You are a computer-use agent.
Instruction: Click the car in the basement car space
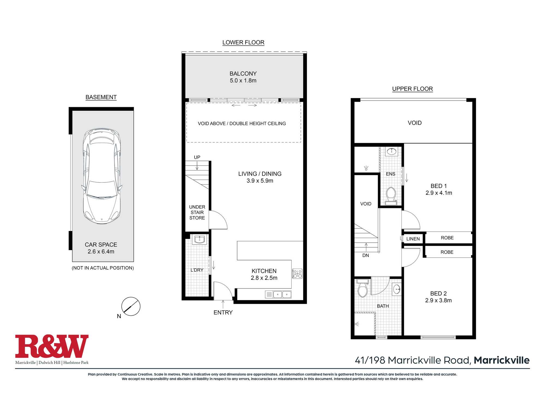click(x=102, y=176)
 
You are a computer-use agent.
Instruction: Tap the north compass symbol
click(x=131, y=306)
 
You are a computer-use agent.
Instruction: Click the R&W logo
click(x=52, y=346)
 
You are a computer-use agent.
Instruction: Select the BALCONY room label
click(x=243, y=74)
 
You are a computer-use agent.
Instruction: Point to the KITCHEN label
click(x=264, y=271)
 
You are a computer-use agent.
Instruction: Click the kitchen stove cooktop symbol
click(x=297, y=273)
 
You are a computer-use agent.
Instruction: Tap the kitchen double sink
click(x=282, y=294)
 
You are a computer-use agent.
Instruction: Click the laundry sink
click(x=200, y=240)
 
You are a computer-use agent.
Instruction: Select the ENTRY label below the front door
click(x=223, y=312)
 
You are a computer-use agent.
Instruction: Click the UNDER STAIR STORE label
click(x=197, y=212)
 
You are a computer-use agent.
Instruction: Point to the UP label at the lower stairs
click(x=197, y=157)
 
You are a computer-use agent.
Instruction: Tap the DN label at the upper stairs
click(x=366, y=255)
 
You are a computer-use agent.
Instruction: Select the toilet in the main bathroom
click(x=362, y=288)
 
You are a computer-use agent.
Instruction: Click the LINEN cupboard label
click(x=413, y=239)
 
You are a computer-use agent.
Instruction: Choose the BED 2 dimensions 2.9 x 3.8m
click(x=438, y=300)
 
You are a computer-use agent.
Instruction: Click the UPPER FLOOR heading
click(x=413, y=89)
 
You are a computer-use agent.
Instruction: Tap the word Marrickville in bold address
click(x=502, y=360)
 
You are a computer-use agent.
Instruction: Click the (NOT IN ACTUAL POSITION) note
click(x=103, y=268)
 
